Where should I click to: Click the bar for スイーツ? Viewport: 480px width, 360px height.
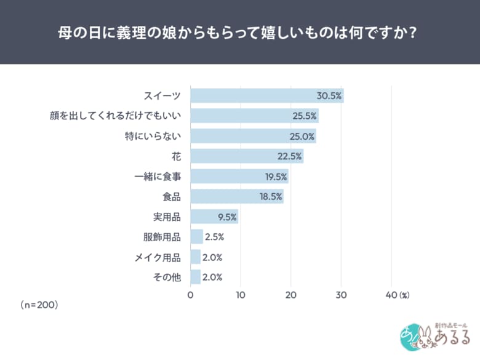266,95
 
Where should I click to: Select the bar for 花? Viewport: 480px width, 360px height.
246,156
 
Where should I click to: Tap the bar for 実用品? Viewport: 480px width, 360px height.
214,217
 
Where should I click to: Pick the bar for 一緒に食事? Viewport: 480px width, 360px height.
239,177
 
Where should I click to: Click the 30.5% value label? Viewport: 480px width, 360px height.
329,95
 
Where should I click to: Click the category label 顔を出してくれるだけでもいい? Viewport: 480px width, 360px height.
115,116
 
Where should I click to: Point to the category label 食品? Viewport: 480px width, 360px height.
172,197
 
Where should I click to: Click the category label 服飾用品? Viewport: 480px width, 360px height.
162,237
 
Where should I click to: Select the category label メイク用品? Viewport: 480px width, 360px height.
158,257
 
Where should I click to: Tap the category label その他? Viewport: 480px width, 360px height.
167,278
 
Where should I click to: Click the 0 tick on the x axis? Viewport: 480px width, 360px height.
191,295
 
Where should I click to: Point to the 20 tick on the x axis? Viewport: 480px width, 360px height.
290,295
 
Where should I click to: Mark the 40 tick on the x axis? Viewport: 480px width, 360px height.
391,295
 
